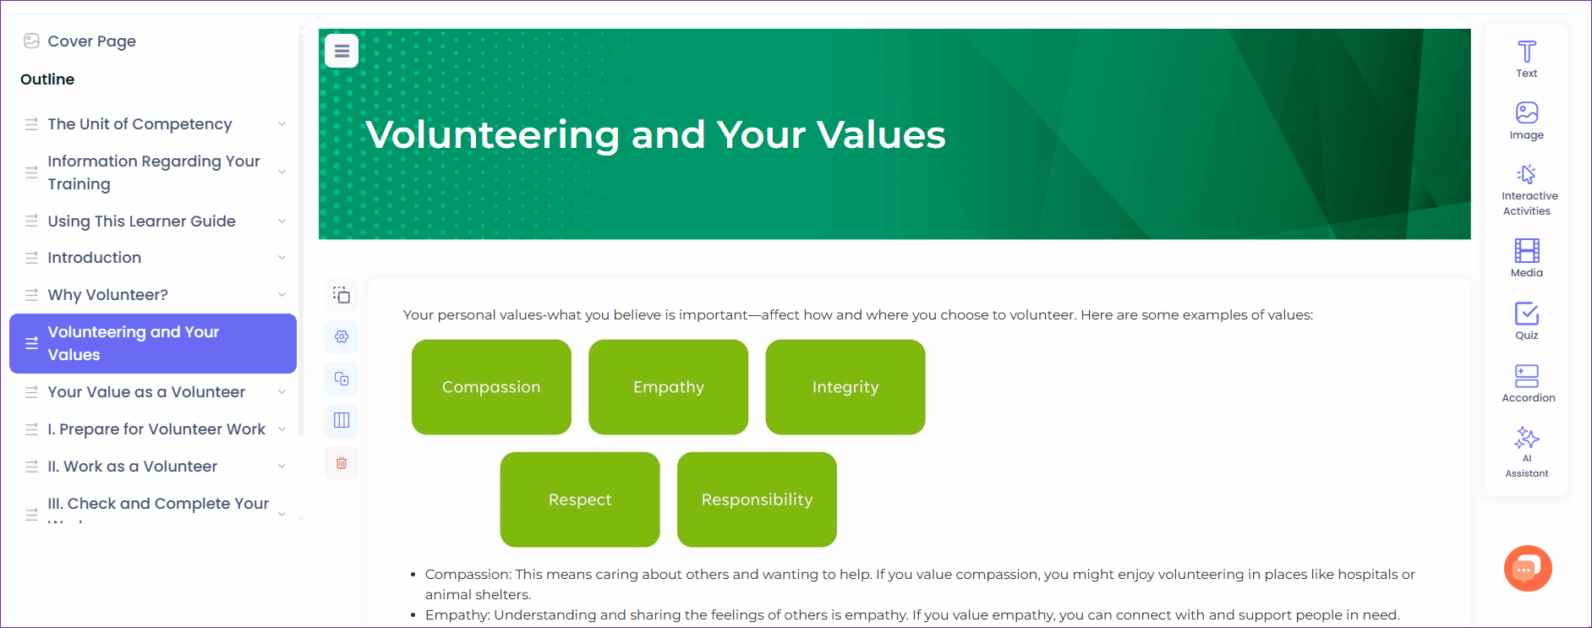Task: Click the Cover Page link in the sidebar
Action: coord(91,41)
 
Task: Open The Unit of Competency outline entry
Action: coord(140,124)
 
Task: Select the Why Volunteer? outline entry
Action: coord(107,295)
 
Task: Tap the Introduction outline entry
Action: coord(94,258)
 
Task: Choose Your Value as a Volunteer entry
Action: coord(146,392)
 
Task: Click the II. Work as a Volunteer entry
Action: coord(132,467)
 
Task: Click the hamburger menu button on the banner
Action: coord(342,51)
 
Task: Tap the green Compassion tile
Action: coord(491,387)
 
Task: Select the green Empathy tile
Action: coord(669,387)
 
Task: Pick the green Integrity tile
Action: coord(845,387)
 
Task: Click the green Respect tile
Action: coord(580,500)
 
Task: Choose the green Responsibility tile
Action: coord(757,500)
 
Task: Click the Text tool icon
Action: coord(1527,52)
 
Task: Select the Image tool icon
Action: coord(1527,112)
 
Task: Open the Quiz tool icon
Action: coord(1527,314)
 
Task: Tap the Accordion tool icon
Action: coord(1527,376)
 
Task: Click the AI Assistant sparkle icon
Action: coord(1527,438)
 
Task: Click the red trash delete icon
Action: coord(342,463)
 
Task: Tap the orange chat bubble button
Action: coord(1528,569)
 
